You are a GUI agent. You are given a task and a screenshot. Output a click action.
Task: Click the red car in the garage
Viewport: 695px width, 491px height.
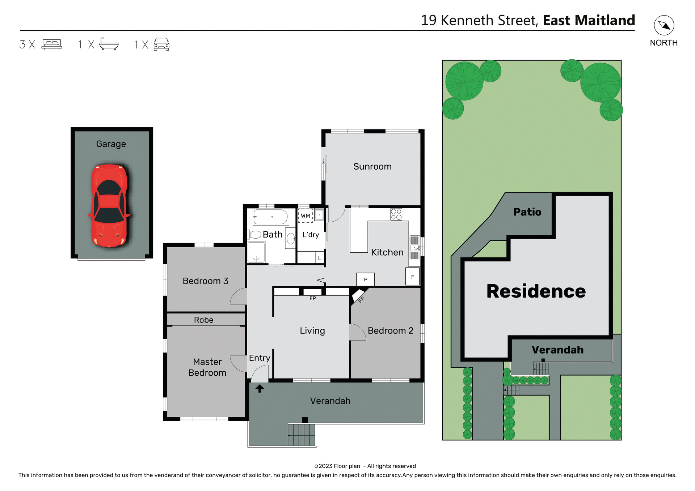coord(109,206)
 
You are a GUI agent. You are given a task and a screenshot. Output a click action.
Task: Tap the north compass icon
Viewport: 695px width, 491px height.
coord(664,25)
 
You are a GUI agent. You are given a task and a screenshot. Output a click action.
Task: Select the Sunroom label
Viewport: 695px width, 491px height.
coord(372,167)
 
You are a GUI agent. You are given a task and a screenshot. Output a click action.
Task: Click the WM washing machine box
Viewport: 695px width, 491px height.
coord(305,215)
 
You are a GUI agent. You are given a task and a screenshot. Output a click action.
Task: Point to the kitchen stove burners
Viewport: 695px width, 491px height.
coord(396,214)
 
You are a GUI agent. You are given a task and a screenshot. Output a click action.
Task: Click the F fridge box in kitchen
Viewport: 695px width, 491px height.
coord(412,277)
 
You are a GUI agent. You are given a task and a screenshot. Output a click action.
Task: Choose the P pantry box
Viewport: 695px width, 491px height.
coord(365,279)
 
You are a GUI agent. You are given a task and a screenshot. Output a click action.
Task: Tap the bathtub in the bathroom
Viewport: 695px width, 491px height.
coord(270,217)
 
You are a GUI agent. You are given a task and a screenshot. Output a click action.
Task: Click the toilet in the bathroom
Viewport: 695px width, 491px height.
coord(255,235)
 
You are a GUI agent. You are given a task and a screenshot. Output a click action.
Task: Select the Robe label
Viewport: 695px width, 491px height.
coord(203,320)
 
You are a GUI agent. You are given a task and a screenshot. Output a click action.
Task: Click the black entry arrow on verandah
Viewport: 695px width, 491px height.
coord(260,389)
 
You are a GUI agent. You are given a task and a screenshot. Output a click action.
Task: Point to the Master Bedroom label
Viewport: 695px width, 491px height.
coord(207,367)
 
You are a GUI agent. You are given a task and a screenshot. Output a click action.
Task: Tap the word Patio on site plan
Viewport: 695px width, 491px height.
coord(527,212)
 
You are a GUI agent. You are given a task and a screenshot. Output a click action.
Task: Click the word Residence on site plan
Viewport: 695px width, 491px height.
coord(536,291)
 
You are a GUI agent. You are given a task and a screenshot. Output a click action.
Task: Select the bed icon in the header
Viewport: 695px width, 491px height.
coord(52,44)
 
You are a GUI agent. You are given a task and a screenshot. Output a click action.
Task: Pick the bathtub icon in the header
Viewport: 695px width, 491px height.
coord(109,44)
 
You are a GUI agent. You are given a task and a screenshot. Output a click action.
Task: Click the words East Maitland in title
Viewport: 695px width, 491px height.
coord(589,20)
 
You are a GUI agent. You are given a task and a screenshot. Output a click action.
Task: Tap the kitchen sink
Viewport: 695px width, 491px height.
coord(414,248)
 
